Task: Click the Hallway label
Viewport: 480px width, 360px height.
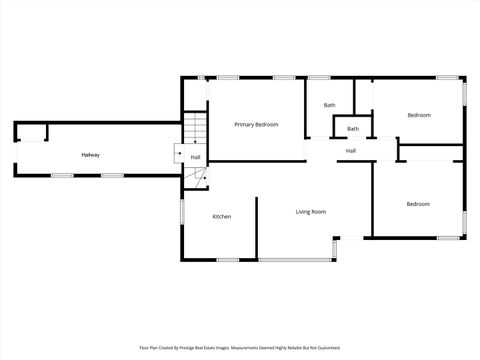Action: [91, 155]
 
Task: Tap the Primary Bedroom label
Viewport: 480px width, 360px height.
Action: [256, 124]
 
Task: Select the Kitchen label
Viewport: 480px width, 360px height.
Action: [222, 217]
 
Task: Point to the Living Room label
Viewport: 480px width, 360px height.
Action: [311, 211]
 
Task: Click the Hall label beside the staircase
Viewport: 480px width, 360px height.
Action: [195, 158]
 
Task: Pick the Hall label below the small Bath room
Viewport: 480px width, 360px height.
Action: [351, 151]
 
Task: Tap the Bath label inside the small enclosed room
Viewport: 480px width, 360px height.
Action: [353, 129]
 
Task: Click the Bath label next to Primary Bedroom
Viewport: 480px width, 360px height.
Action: [329, 105]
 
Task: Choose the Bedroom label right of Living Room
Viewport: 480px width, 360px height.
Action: [418, 204]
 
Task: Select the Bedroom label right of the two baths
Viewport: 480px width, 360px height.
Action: [419, 115]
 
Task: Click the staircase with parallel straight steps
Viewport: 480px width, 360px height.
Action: [195, 129]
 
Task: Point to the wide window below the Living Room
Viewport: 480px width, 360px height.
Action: [296, 261]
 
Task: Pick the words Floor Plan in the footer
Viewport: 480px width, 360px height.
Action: [149, 348]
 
